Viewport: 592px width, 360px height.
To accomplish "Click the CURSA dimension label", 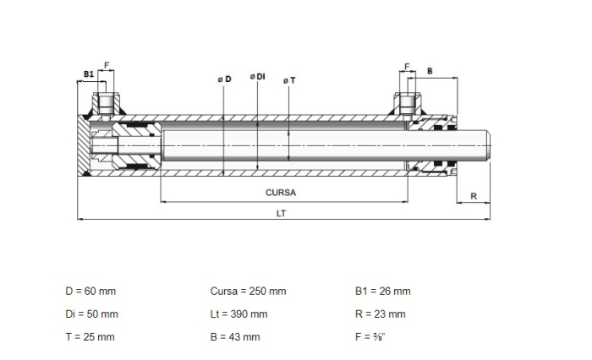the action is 281,193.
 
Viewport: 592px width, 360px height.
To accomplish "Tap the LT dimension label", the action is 281,214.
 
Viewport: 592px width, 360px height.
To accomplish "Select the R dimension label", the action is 474,196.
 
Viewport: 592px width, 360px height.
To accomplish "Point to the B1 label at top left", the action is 89,74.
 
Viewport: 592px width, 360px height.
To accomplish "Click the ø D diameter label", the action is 224,79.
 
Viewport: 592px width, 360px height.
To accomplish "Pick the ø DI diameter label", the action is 257,77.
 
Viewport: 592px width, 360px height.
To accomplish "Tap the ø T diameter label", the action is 289,80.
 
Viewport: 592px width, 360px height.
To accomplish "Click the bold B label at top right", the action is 430,71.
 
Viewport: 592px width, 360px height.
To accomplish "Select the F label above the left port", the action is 107,66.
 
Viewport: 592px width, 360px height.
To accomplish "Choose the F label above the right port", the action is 407,67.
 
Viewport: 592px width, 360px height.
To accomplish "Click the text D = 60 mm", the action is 90,292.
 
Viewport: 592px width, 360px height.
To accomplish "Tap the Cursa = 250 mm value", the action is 248,292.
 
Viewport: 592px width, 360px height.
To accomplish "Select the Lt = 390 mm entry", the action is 238,314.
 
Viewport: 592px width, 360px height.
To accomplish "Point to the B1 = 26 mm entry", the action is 383,292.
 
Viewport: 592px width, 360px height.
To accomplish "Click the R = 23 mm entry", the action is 381,314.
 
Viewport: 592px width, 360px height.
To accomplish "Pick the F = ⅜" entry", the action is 370,337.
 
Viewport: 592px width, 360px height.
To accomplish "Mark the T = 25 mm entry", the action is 90,337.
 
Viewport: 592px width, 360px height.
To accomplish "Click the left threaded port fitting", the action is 106,103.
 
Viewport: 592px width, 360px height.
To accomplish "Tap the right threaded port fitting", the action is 408,103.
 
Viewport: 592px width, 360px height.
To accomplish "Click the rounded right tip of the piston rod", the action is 490,145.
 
